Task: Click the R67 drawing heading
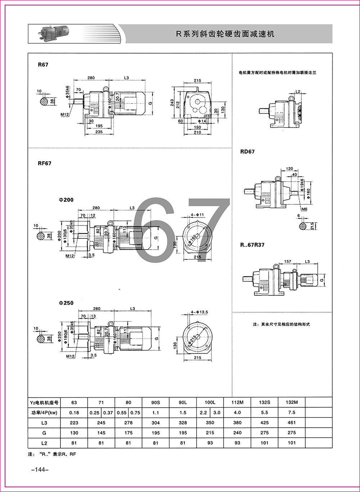point(43,65)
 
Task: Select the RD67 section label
point(247,152)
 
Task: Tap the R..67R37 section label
point(252,245)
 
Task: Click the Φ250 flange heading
point(66,303)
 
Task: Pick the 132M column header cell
point(292,402)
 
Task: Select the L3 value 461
point(292,422)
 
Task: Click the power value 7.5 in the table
point(292,412)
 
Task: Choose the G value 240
point(237,433)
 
